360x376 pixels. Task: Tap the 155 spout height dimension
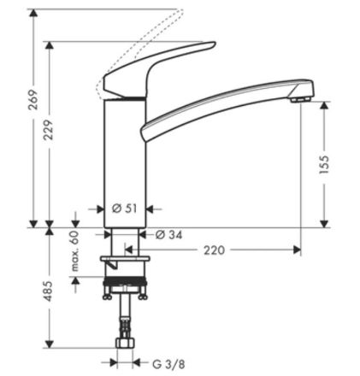coord(325,163)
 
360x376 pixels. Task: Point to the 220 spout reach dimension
coord(216,250)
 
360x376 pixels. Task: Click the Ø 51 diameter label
coord(126,208)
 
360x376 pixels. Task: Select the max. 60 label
coord(74,248)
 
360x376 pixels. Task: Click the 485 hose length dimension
coord(49,293)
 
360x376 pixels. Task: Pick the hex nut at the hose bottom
coord(126,344)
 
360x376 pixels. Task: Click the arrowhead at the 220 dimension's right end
coord(297,250)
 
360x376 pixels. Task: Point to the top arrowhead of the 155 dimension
coord(325,106)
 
